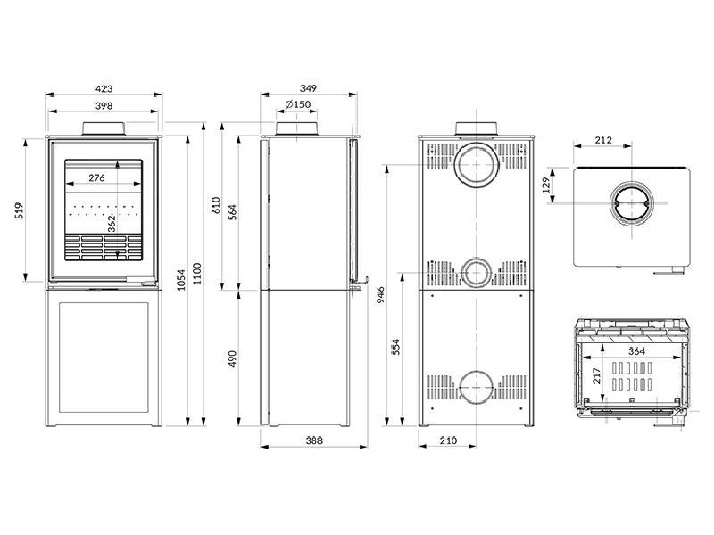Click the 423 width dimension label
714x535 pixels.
104,88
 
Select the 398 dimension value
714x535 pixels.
104,106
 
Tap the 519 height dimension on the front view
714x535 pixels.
17,210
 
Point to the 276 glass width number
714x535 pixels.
96,178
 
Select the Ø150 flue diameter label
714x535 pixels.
298,105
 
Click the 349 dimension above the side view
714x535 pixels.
308,88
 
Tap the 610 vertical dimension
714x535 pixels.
215,206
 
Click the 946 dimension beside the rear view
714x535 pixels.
380,294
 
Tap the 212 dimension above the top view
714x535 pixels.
602,140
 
